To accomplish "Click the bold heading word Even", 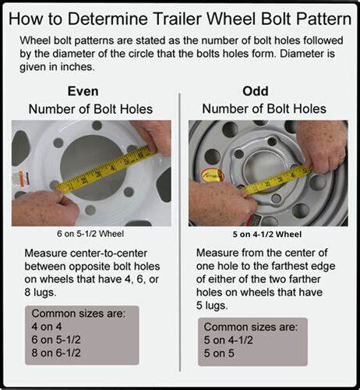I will [88, 90].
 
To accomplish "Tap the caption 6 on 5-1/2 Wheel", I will [88, 232].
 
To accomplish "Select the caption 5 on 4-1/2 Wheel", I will [268, 232].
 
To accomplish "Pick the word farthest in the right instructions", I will [281, 268].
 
